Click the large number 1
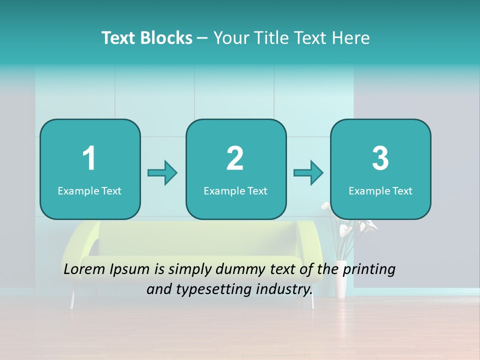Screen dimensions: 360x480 coord(89,158)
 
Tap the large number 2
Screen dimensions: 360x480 coord(235,158)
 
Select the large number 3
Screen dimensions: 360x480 coord(380,158)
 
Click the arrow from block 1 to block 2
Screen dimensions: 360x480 coord(162,173)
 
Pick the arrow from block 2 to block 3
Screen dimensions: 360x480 coord(308,173)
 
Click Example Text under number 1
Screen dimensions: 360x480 coord(89,191)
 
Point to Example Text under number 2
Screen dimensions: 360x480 coord(235,191)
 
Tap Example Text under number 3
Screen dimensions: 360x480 coord(380,191)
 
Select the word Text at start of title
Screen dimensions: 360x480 coord(118,38)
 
